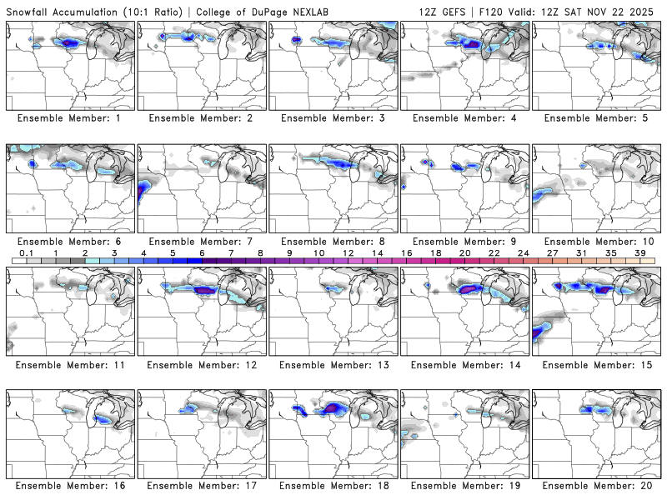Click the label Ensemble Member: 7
[203, 241]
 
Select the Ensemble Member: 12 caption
[203, 364]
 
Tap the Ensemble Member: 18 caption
[333, 486]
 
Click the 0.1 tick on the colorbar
[27, 252]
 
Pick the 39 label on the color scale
[639, 252]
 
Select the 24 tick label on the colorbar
[523, 252]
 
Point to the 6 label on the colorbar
[202, 252]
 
